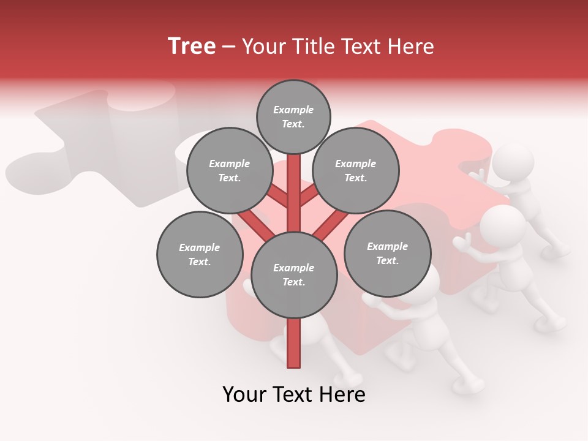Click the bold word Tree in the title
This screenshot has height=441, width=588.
click(x=192, y=47)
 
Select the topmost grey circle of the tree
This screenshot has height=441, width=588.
click(x=293, y=116)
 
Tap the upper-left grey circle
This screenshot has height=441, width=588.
click(x=230, y=170)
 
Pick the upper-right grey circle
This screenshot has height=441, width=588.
click(x=356, y=170)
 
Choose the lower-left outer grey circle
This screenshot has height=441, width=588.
click(x=200, y=254)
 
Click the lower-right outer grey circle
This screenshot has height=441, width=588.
click(x=387, y=253)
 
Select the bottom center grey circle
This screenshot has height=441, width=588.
click(x=294, y=275)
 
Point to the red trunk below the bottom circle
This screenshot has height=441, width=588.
click(x=294, y=343)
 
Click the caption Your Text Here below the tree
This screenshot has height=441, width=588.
click(x=294, y=394)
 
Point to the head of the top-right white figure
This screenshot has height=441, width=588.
click(x=513, y=163)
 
